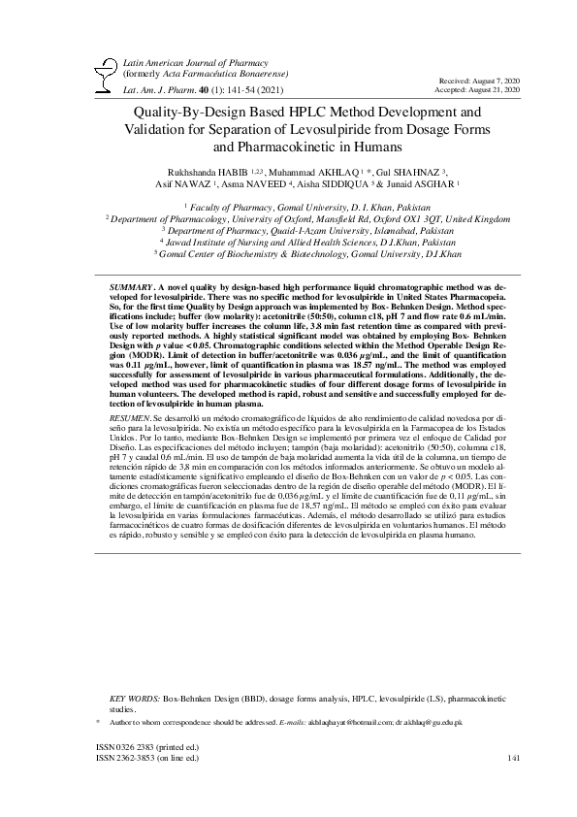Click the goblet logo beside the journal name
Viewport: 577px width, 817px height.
[x=98, y=74]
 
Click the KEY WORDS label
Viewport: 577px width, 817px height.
[x=134, y=698]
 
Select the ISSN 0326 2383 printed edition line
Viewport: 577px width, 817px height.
[x=146, y=747]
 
